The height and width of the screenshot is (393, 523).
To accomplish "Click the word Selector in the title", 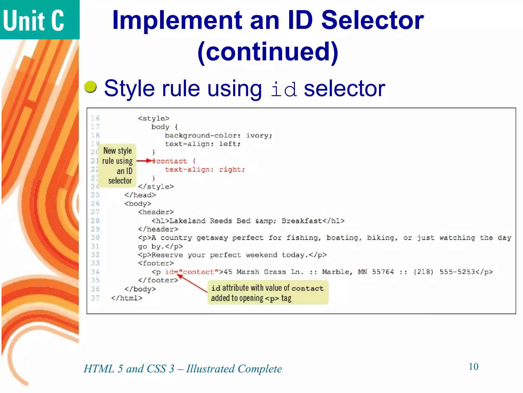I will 372,20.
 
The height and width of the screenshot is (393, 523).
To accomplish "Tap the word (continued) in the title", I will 268,52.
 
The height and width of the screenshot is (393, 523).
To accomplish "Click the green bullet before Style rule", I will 90,87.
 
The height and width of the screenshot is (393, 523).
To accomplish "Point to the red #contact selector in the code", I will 170,161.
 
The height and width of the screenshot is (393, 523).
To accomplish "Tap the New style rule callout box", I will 117,166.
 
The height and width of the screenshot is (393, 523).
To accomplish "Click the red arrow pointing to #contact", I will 144,161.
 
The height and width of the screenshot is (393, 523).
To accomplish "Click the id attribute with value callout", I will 268,293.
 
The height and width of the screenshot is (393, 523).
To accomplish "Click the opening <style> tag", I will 153,118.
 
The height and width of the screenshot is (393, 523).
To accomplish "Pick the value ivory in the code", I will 258,135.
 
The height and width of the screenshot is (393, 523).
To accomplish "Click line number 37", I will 95,298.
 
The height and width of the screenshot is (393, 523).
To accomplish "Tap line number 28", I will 95,221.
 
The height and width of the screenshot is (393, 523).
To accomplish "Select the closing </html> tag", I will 127,298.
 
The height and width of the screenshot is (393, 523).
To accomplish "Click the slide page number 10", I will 473,367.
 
